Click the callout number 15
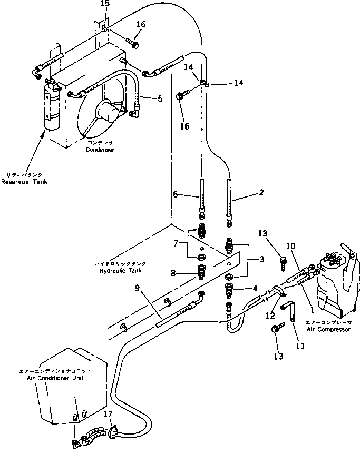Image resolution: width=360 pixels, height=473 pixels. (105, 4)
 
